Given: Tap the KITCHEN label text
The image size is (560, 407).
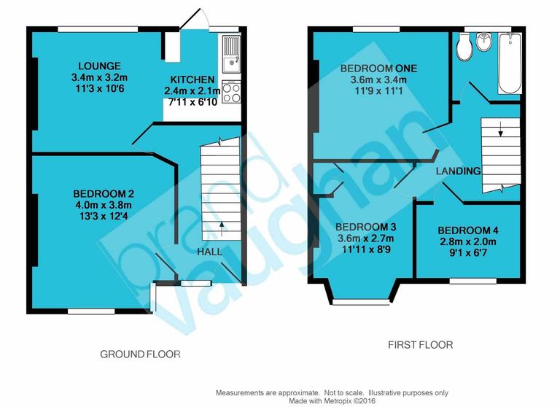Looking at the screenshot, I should tap(192, 80).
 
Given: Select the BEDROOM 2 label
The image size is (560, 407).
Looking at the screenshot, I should tap(104, 194).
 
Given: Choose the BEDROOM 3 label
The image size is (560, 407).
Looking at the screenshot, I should tap(366, 226).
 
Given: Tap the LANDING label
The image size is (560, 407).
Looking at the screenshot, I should tap(458, 171).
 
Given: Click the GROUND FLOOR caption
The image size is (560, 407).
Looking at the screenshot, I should tap(140, 354).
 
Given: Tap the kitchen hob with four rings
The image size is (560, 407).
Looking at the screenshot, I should tap(231, 93).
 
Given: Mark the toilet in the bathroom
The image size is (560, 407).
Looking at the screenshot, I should tap(462, 47).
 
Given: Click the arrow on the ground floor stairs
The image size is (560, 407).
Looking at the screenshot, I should tap(222, 225).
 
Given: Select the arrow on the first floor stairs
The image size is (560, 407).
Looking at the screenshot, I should tap(501, 132).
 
